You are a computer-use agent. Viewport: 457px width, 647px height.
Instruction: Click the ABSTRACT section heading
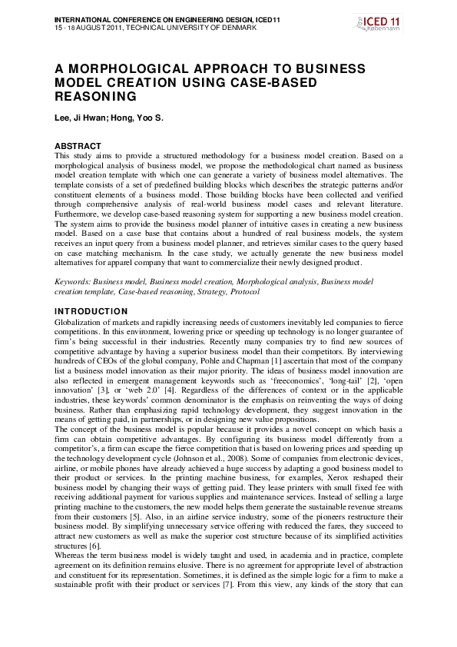[x=78, y=146]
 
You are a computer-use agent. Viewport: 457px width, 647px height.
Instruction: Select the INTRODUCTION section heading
[x=91, y=311]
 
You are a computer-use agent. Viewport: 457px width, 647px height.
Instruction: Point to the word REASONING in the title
[x=95, y=98]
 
